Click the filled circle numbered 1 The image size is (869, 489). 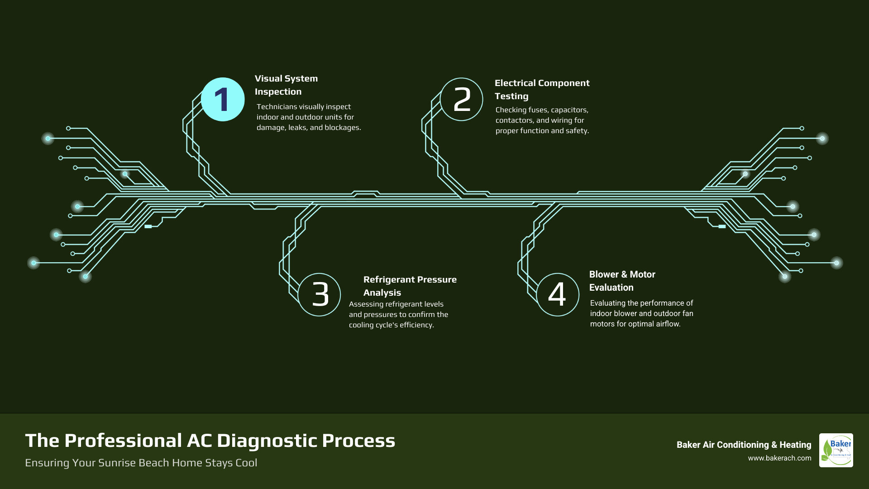(x=223, y=100)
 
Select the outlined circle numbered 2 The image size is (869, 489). (x=462, y=100)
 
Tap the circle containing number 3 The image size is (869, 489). (x=320, y=295)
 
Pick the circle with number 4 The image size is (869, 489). (x=558, y=295)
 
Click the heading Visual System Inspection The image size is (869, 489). (x=286, y=85)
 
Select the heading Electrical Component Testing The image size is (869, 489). (x=542, y=90)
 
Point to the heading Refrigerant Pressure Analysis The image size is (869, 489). (x=410, y=286)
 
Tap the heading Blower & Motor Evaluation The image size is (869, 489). (x=622, y=281)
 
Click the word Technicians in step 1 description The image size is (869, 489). (x=277, y=107)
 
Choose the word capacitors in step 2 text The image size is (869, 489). (x=569, y=110)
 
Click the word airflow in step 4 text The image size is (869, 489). (x=668, y=324)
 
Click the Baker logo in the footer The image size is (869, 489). (x=836, y=450)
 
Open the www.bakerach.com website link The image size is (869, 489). (x=779, y=458)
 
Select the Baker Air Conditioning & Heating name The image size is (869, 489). (x=744, y=445)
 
